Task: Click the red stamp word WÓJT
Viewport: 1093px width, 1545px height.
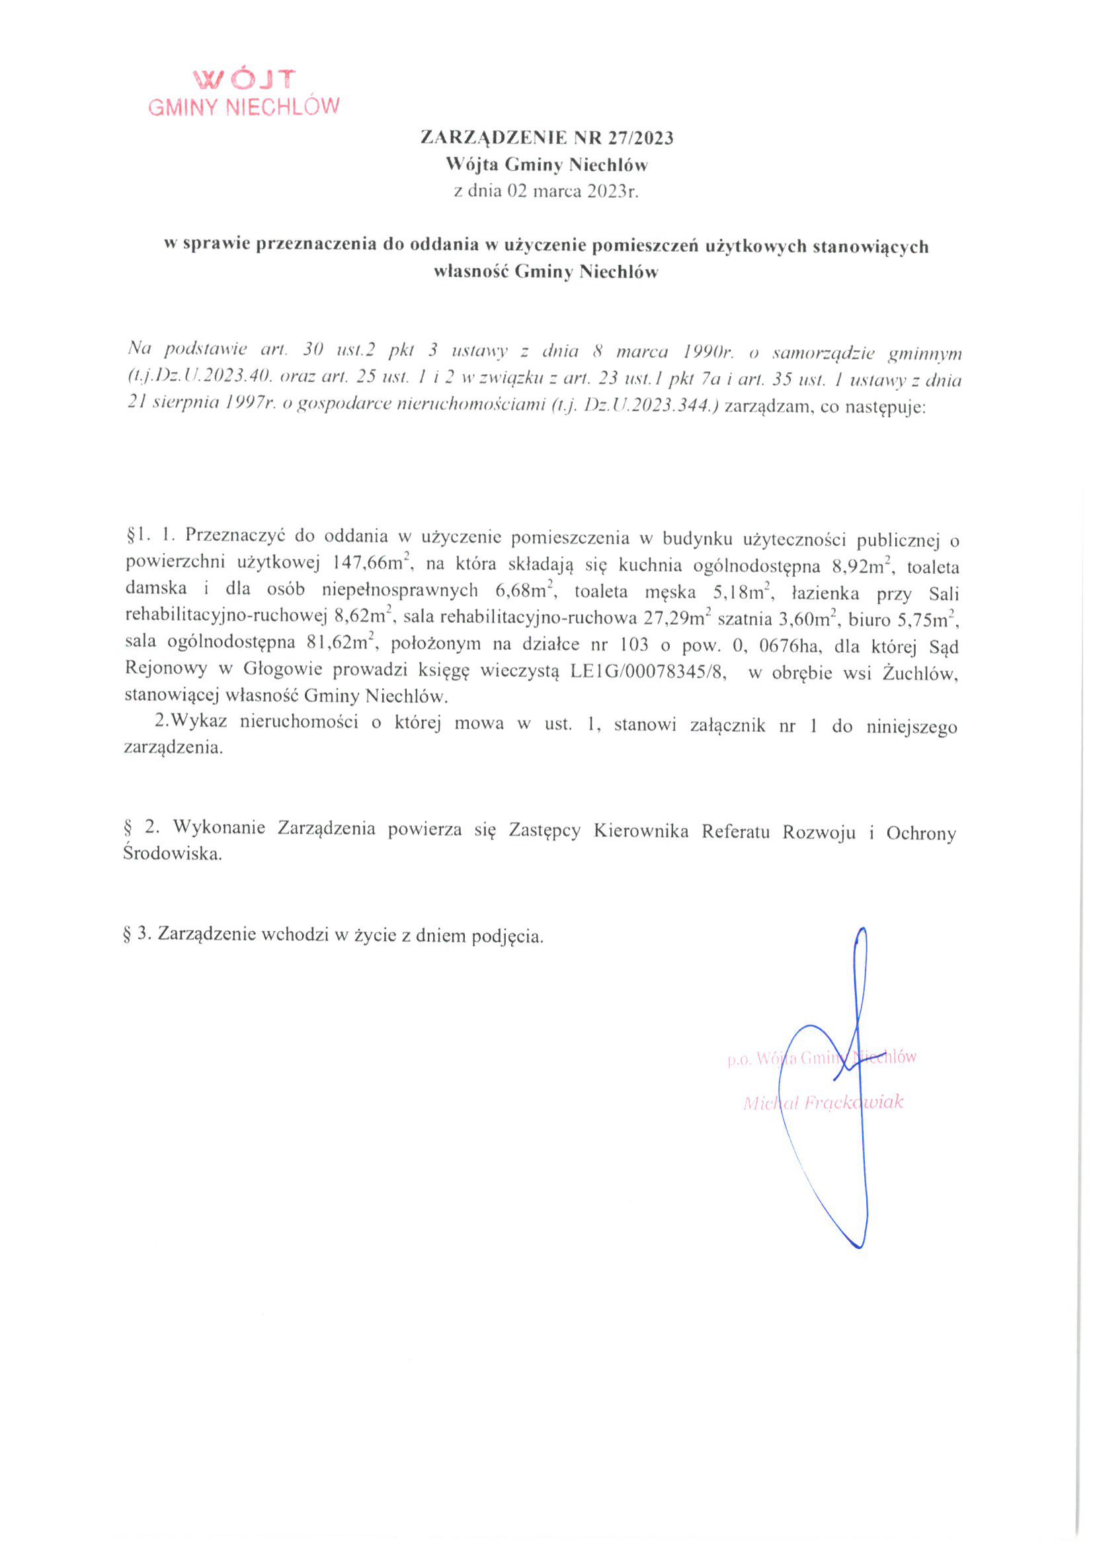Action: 244,80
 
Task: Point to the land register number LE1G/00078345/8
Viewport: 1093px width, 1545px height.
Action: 648,672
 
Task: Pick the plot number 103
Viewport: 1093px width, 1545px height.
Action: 633,645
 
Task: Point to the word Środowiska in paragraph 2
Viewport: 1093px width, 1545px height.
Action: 173,855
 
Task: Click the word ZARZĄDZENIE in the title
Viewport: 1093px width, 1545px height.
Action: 494,138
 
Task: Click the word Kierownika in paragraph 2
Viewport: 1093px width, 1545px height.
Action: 641,831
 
